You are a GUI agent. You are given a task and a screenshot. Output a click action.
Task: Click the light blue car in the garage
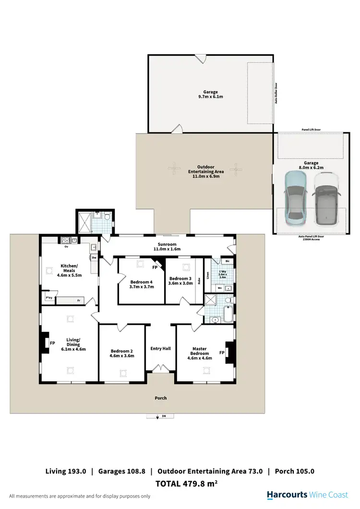pos(295,199)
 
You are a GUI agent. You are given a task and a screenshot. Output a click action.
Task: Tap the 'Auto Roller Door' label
pos(276,94)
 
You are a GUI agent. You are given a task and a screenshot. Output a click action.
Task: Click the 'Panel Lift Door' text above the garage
pos(311,130)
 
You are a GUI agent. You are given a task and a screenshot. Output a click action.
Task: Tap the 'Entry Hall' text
pos(160,349)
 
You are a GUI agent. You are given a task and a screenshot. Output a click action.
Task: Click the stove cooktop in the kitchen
pos(65,240)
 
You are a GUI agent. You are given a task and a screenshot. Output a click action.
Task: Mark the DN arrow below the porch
pos(158,416)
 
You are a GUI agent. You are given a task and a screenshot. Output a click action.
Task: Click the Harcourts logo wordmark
pos(287,495)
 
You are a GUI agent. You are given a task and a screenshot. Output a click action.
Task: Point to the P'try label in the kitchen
pos(48,298)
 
